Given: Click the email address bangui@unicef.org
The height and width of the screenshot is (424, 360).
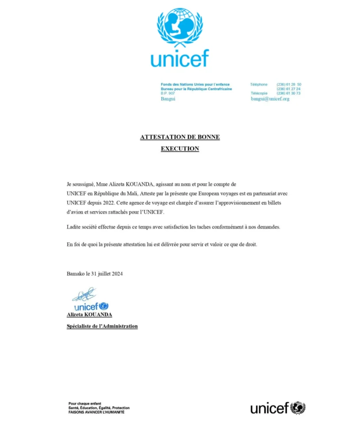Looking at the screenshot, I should click(270, 99).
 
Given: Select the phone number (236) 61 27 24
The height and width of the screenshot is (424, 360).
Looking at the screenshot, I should click(288, 89).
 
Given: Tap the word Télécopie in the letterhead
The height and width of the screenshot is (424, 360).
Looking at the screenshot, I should click(259, 94).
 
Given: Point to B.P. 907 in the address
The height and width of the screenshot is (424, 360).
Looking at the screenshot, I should click(168, 94).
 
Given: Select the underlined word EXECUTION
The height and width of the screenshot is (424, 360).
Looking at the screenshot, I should click(180, 149).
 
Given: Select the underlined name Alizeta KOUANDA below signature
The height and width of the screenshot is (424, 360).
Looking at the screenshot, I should click(89, 315).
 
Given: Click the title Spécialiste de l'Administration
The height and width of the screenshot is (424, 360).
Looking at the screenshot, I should click(102, 326).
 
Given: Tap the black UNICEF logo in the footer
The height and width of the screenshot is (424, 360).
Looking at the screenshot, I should click(277, 408).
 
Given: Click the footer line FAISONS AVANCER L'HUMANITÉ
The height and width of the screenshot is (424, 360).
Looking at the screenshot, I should click(96, 412).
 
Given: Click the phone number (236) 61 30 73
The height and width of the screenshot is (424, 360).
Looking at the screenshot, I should click(288, 94).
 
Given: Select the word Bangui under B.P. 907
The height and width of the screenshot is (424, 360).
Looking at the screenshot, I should click(168, 99).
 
